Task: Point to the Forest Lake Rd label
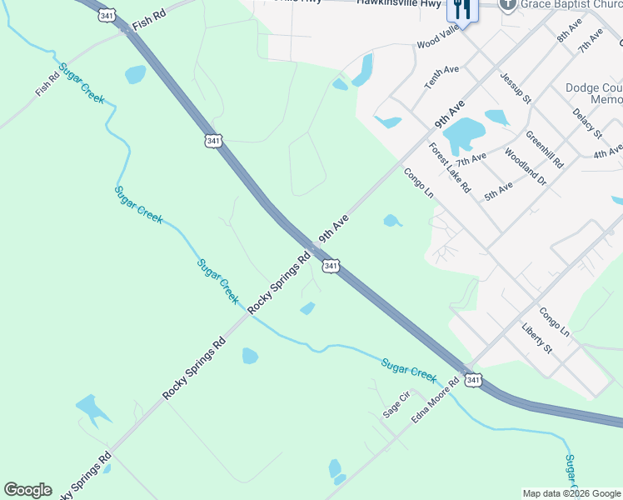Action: [450, 166]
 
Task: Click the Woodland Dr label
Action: [526, 167]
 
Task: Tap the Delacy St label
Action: [587, 122]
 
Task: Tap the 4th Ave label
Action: [607, 152]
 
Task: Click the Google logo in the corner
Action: [27, 490]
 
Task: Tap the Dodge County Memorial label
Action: [593, 93]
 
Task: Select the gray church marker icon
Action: [507, 5]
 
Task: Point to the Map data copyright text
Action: [571, 493]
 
